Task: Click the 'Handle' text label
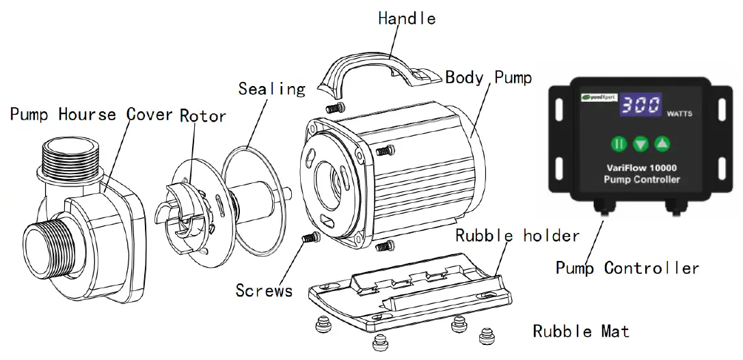(407, 18)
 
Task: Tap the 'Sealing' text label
(271, 89)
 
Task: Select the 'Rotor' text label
(203, 115)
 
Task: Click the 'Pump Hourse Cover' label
(91, 113)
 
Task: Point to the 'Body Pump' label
(488, 77)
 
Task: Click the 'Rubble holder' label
(517, 236)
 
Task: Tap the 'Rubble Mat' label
(581, 332)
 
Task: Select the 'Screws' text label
(264, 290)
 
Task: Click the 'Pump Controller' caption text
(627, 268)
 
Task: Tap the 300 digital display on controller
(640, 105)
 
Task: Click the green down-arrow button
(640, 144)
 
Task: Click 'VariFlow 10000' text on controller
(642, 167)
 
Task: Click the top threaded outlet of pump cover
(70, 153)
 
